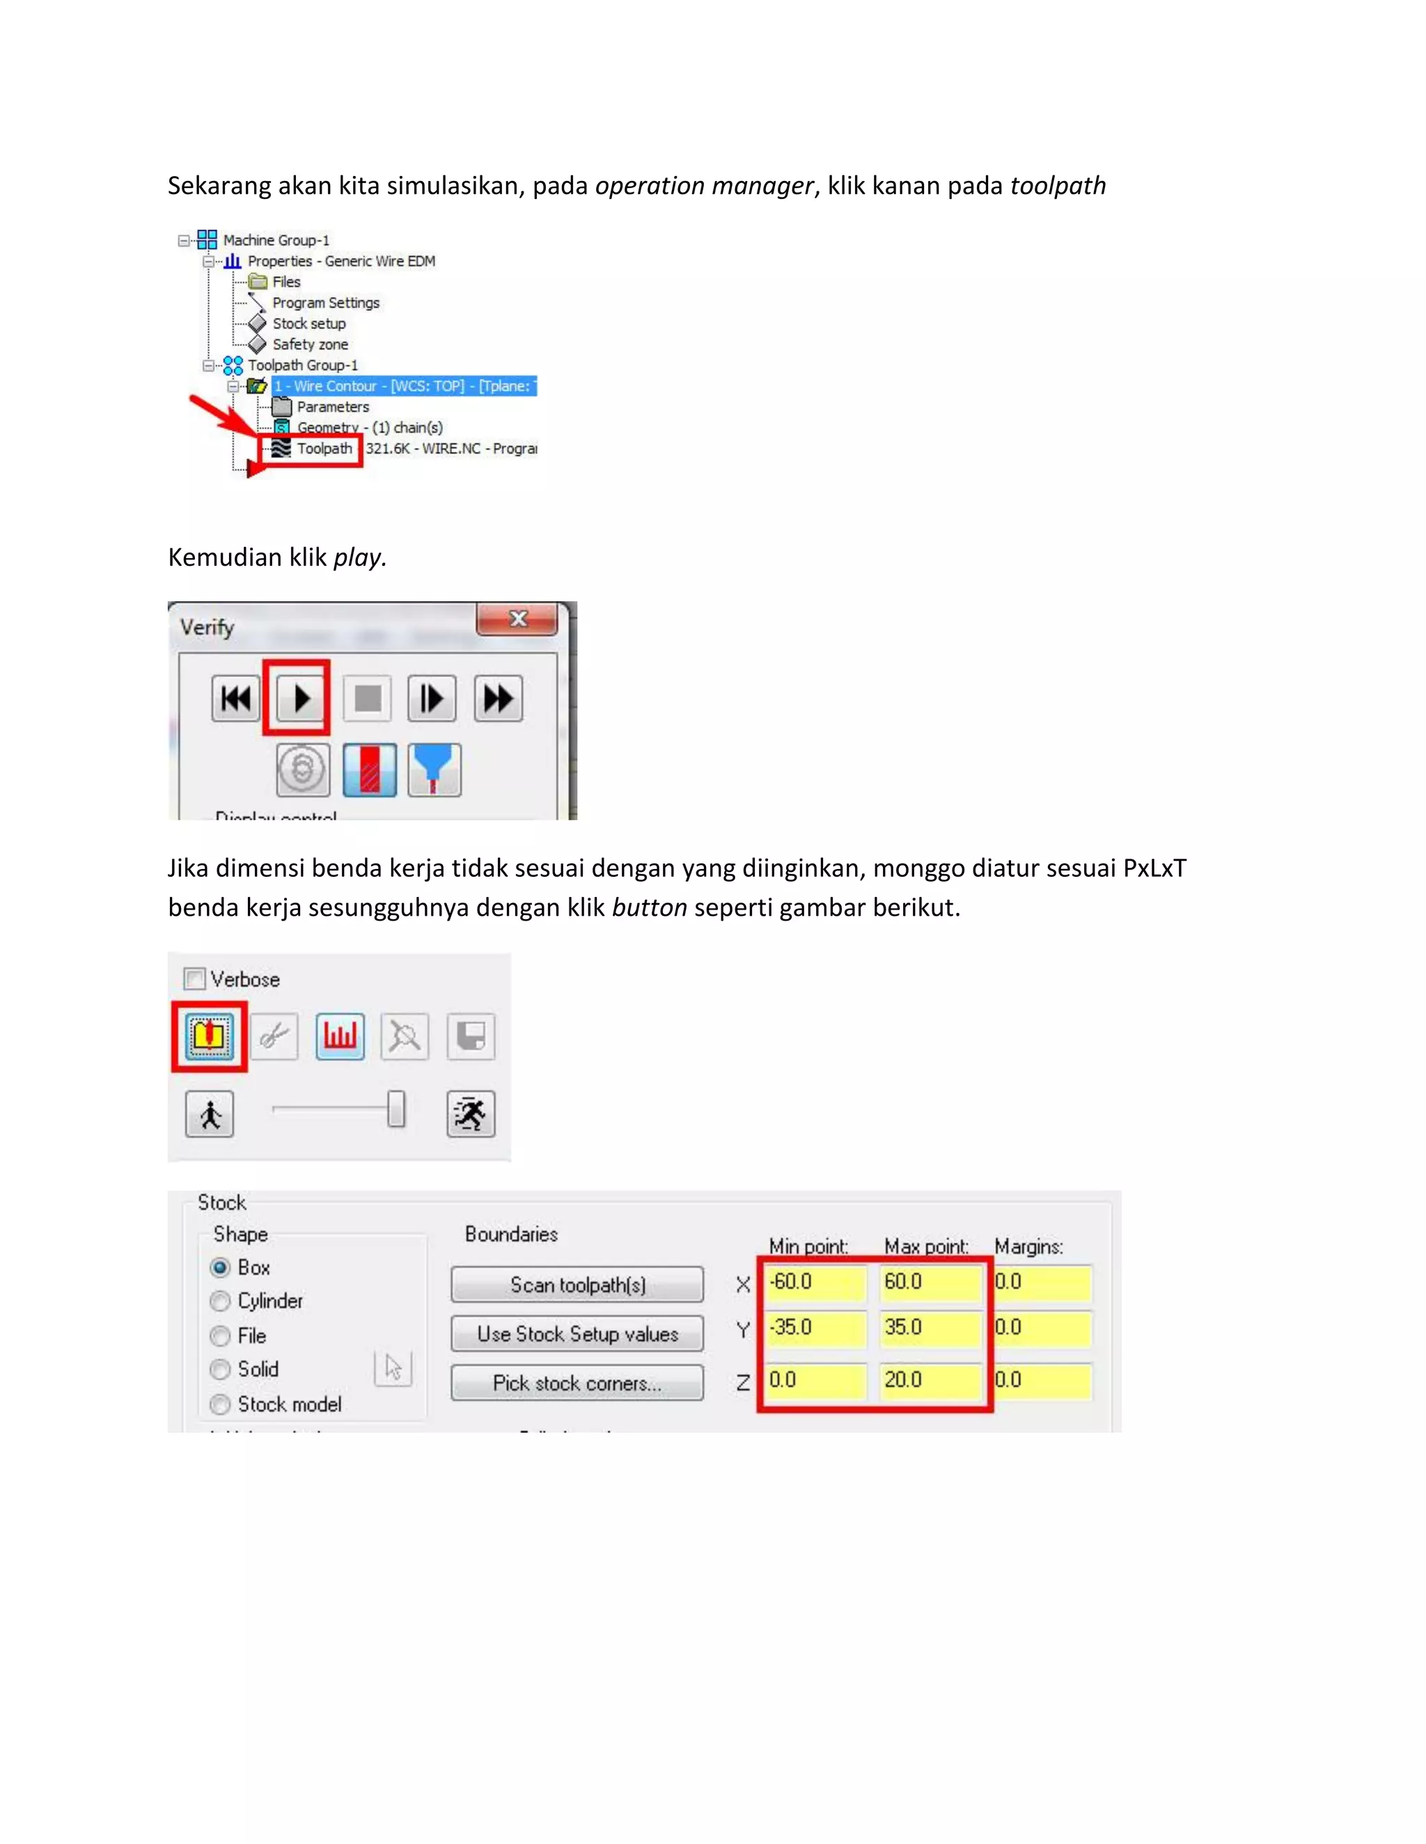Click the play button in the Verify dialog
[300, 698]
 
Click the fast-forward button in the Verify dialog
[498, 698]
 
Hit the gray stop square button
[368, 698]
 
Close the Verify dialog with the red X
[517, 619]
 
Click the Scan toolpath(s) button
[577, 1285]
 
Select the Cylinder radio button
[221, 1301]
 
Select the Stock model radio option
[221, 1404]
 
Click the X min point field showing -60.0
[815, 1282]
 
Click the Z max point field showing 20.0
[928, 1380]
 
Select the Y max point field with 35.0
[928, 1327]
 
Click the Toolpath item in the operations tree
[324, 448]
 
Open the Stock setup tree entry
[308, 324]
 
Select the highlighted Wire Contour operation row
[404, 386]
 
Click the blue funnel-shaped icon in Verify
[434, 769]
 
